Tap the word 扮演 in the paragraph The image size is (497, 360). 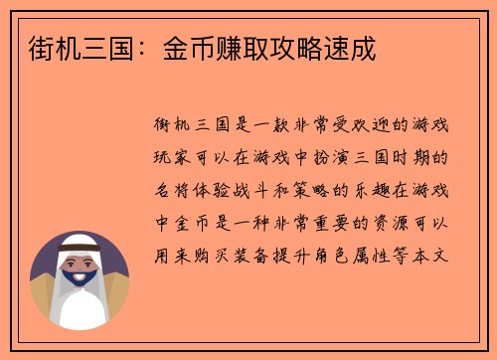click(320, 157)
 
